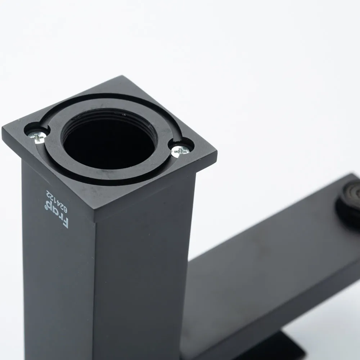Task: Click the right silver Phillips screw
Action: (x=180, y=150)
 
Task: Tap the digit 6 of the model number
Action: (x=64, y=210)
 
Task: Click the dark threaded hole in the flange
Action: (x=108, y=142)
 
